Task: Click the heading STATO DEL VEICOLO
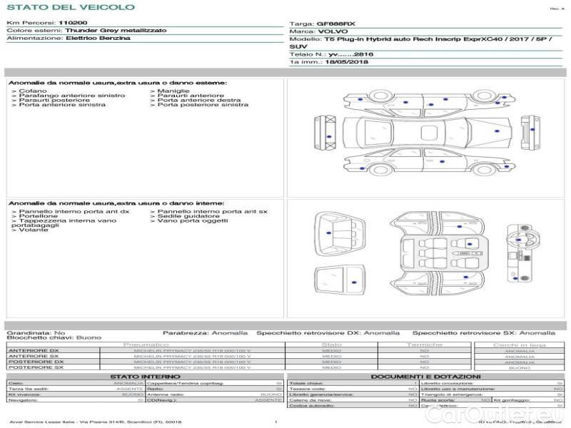point(70,7)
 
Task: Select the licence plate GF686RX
point(336,24)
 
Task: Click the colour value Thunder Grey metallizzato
point(116,31)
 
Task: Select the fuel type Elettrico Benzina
point(98,39)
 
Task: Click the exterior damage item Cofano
point(33,92)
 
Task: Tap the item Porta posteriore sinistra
point(203,105)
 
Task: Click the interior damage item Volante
point(33,230)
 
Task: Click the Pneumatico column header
point(146,345)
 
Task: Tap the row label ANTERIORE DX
point(33,350)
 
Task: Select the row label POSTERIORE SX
point(34,367)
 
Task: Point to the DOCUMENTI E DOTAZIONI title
point(425,377)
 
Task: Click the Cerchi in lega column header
point(519,345)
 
